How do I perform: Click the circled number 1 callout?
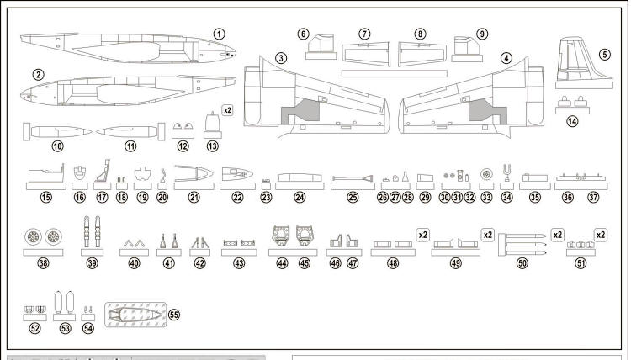(219, 34)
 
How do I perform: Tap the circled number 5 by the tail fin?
(605, 55)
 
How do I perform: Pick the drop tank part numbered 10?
(57, 132)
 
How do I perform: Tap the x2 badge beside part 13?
(227, 110)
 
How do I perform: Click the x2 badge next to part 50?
(558, 234)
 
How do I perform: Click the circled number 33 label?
(486, 199)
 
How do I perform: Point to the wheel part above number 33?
(486, 174)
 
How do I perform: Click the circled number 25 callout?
(353, 199)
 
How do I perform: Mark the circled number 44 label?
(282, 263)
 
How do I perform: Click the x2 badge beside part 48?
(423, 234)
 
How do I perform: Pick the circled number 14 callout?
(572, 122)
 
